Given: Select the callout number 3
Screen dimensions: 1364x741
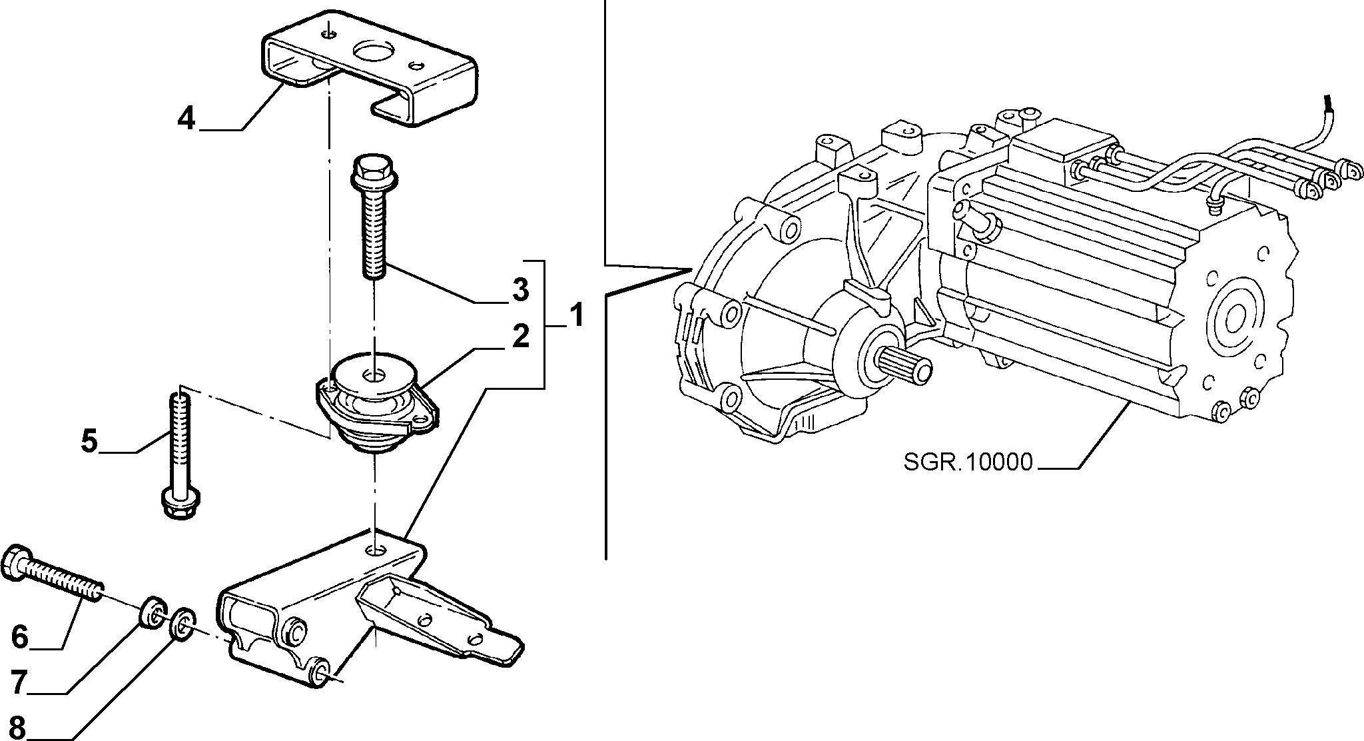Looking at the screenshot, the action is pos(520,290).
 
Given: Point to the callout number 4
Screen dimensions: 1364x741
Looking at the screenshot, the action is pos(187,119).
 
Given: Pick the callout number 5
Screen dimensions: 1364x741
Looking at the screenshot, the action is pos(89,442).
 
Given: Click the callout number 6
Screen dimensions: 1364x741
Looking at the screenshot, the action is pos(20,637).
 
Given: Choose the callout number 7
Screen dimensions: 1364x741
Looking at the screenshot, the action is pos(20,682).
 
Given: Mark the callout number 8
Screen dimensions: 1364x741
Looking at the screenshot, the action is pos(20,727).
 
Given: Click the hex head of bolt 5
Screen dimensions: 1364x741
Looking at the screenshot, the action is pos(182,502).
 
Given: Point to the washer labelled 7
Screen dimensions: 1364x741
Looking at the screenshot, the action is pos(153,614).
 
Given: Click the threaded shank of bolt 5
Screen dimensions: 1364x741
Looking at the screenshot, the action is pos(182,440).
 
